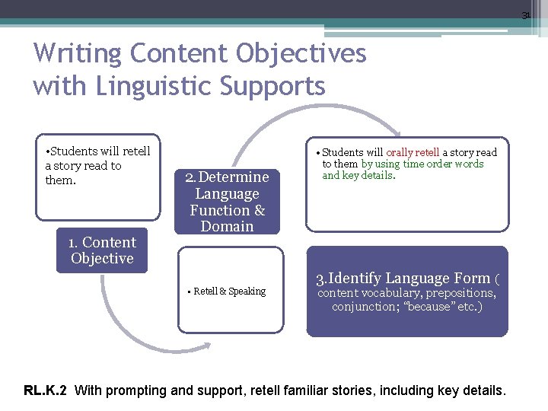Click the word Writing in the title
(x=78, y=54)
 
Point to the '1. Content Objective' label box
(x=102, y=250)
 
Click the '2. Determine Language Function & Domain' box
(x=227, y=202)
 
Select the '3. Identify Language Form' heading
(x=403, y=279)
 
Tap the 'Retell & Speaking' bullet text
(x=229, y=292)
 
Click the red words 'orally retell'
(x=413, y=152)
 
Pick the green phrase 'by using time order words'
(x=422, y=164)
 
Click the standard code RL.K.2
(x=45, y=391)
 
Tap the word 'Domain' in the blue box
(x=227, y=226)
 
